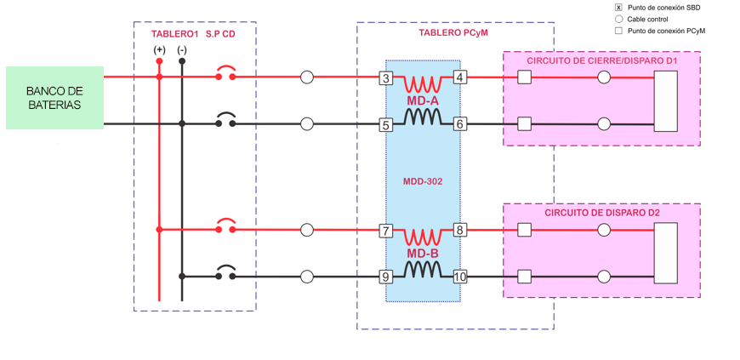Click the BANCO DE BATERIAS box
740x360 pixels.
[54, 98]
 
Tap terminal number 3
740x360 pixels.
[385, 78]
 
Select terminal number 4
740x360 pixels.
[460, 78]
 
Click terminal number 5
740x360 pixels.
[385, 124]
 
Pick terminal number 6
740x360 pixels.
[460, 124]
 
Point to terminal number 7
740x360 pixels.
[385, 230]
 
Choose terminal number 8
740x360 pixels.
[460, 230]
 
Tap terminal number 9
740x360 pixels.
[385, 276]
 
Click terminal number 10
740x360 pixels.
[460, 276]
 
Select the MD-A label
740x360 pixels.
[423, 101]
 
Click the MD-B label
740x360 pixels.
[423, 253]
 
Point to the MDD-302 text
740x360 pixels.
[423, 180]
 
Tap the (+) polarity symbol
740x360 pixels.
[159, 51]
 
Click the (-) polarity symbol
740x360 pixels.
[182, 51]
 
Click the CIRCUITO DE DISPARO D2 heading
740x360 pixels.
[602, 213]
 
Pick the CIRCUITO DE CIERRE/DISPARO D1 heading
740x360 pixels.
[601, 62]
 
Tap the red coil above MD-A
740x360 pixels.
[423, 84]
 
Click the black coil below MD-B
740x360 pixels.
[423, 270]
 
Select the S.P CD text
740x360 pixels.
[220, 34]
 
